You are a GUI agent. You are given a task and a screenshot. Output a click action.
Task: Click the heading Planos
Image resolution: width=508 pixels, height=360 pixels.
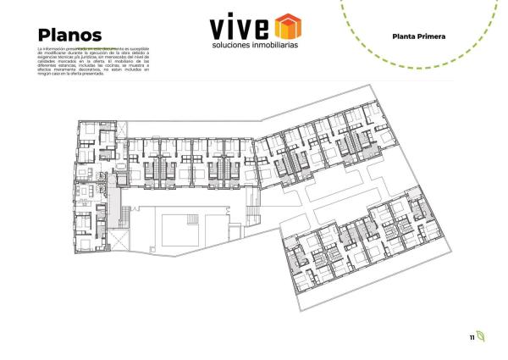[70, 35]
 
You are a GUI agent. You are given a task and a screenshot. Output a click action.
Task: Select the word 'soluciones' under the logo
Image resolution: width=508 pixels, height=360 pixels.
[233, 45]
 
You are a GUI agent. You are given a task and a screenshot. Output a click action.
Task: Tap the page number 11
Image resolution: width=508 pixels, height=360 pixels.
[472, 337]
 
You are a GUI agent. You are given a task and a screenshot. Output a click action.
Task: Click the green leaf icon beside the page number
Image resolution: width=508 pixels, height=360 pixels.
[481, 336]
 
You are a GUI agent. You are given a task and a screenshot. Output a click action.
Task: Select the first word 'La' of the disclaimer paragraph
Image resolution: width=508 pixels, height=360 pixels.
[40, 51]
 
